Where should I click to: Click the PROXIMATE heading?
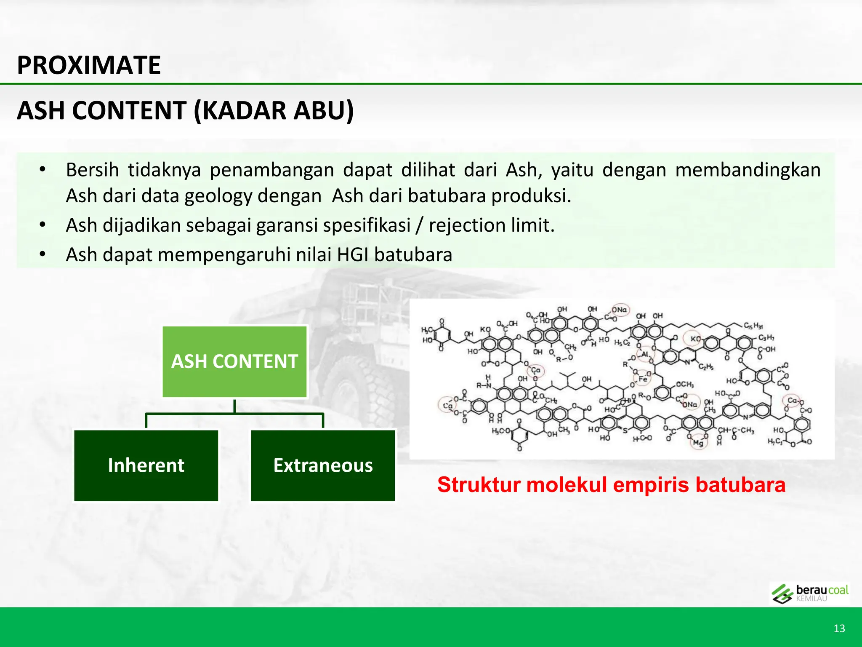89,65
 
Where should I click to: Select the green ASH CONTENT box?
234,362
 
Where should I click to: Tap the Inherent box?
146,465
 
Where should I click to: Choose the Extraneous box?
323,465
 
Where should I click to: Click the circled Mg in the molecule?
698,443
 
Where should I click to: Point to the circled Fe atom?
643,379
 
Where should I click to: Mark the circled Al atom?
645,354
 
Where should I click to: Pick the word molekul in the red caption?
567,484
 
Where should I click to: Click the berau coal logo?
809,594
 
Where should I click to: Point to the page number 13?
839,628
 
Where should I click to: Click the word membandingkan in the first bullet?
748,170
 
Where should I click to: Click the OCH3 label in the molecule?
684,384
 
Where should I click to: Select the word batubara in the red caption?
740,484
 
